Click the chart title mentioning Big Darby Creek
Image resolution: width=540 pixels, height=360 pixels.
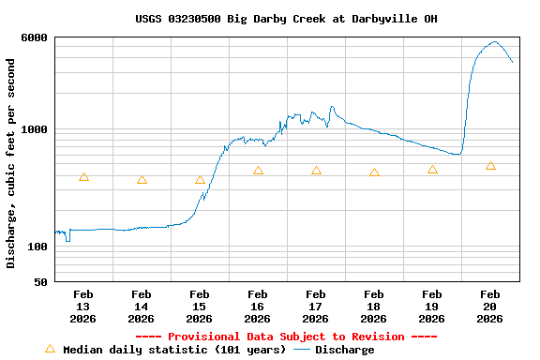point(285,19)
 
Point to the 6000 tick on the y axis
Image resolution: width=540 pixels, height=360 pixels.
point(36,37)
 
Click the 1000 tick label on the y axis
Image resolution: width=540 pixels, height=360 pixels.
point(36,129)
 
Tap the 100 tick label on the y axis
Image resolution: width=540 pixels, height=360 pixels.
point(38,247)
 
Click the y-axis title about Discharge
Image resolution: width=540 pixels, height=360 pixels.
point(11,163)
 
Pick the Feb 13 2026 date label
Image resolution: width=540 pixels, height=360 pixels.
point(83,307)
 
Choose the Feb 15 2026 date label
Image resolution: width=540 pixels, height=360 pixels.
point(200,307)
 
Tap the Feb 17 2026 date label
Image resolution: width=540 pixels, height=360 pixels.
point(316,307)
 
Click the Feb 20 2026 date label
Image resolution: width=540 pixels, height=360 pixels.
point(490,307)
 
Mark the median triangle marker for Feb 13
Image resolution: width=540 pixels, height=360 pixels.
point(83,177)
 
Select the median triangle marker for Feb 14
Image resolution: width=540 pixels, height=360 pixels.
point(142,180)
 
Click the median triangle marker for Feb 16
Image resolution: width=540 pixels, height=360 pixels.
point(258,171)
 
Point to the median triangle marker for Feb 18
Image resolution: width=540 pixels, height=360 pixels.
point(374,172)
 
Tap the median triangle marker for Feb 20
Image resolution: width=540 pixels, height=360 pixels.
point(490,166)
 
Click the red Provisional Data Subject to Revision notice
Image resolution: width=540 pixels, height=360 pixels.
point(286,337)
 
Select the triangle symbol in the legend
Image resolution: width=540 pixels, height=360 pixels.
point(51,349)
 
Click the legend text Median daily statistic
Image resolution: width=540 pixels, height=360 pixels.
point(174,350)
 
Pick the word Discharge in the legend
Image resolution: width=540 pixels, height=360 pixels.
point(344,350)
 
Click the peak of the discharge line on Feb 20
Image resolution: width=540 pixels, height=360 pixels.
point(495,41)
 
